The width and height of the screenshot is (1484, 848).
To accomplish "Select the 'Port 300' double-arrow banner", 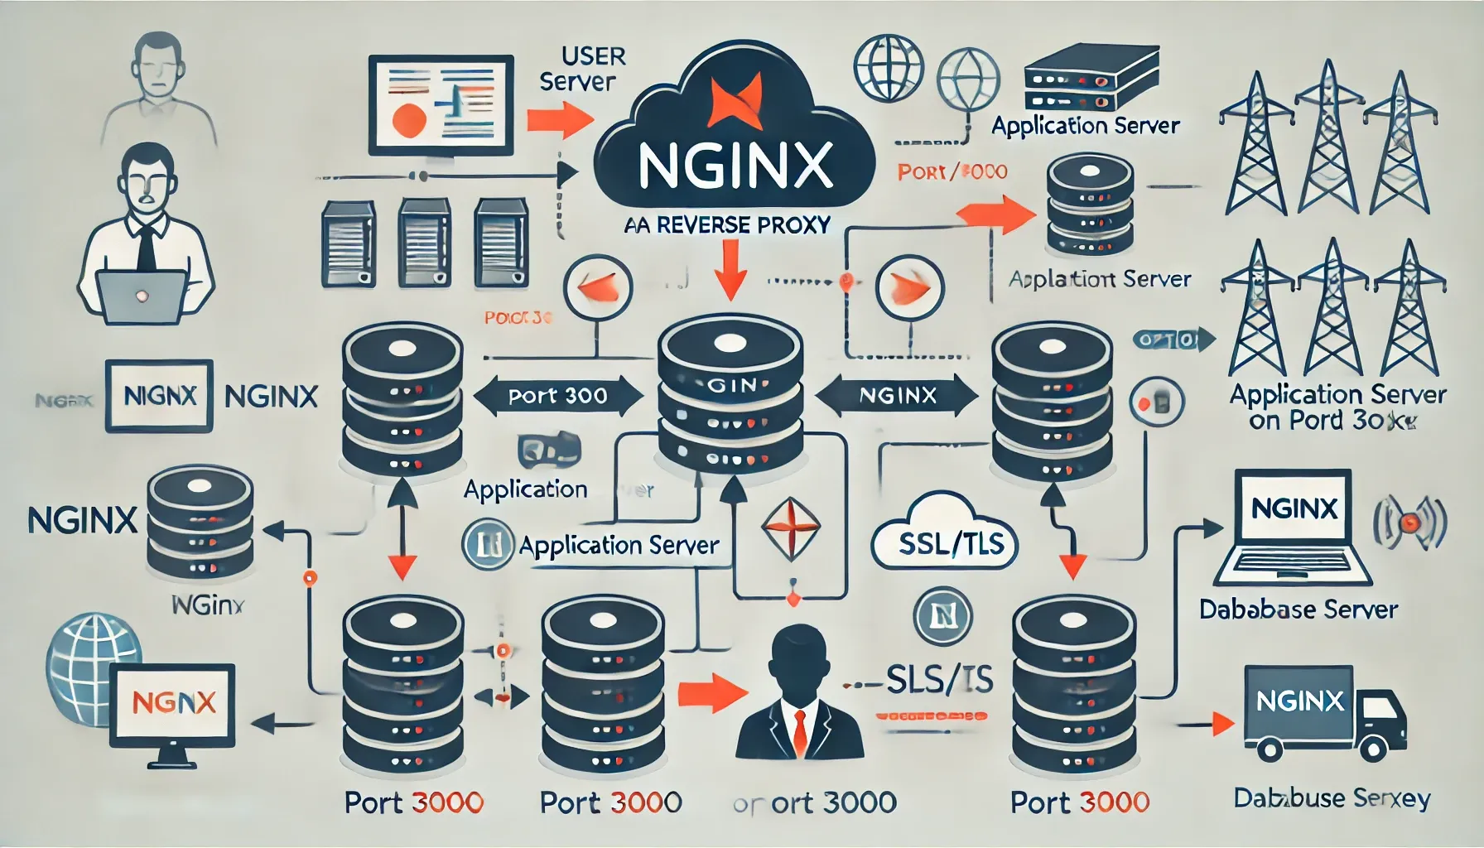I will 558,396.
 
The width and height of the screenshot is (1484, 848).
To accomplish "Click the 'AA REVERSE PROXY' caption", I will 727,225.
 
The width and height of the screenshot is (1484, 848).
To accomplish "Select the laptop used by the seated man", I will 142,296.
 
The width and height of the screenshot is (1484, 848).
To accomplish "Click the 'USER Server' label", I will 579,69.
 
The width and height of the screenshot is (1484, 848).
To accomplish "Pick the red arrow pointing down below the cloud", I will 730,270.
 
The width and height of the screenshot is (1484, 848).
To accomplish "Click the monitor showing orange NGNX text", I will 175,705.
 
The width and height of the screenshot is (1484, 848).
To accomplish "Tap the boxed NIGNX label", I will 160,396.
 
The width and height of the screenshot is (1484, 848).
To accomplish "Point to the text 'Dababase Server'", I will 1298,609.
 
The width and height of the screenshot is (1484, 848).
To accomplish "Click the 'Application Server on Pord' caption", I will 1337,407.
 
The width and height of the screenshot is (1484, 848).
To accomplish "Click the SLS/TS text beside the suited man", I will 939,680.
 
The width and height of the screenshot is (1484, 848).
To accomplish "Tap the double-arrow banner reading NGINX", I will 898,396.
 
